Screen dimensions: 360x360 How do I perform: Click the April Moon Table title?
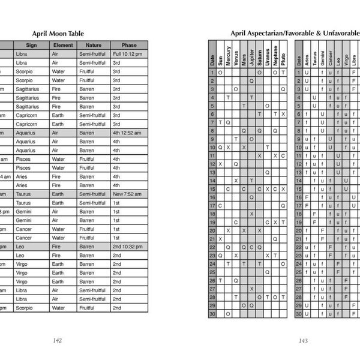point(58,34)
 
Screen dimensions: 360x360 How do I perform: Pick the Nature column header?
point(94,45)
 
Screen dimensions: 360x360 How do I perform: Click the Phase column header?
point(129,45)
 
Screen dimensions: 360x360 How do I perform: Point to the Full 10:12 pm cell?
point(129,54)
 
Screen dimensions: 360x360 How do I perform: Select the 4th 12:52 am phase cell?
point(129,133)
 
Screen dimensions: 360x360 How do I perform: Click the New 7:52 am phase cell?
point(129,194)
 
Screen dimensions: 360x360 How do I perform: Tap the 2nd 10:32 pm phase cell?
point(129,247)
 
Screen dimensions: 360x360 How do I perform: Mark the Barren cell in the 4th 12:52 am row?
point(94,133)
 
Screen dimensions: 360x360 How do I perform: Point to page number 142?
point(58,340)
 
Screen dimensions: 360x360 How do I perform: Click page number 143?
point(303,340)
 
